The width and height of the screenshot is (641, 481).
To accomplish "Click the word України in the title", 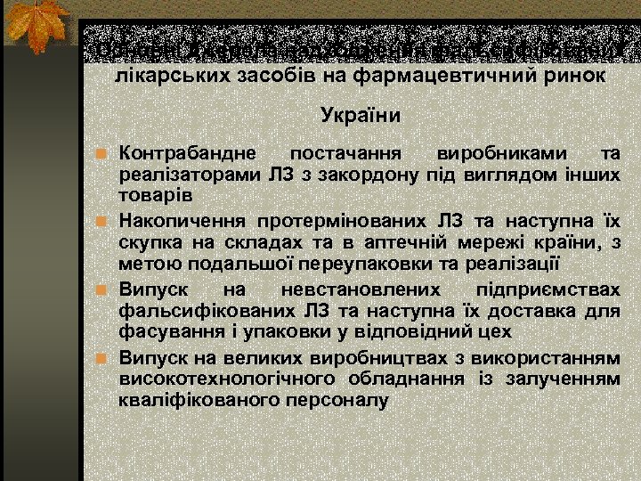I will point(361,116).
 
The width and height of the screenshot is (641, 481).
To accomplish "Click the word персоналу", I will point(344,399).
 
